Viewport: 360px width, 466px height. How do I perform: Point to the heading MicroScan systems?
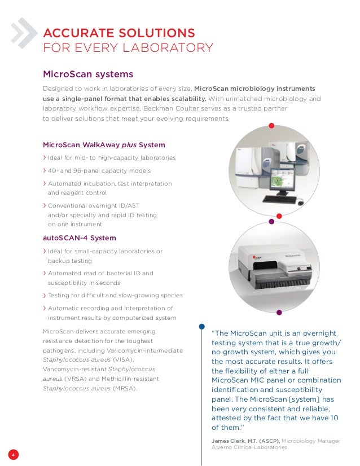point(88,74)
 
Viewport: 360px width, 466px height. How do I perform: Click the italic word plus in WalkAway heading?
point(129,144)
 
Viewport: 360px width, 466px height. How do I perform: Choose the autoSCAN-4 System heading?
point(80,238)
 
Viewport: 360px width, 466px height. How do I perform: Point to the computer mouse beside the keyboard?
point(300,202)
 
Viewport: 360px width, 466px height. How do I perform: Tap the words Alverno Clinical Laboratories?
point(249,447)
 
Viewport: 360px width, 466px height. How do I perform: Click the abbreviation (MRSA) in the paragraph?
point(124,388)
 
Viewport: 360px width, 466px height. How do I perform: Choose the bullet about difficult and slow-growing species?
point(115,295)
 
